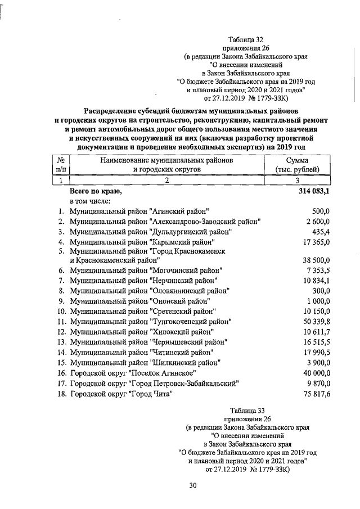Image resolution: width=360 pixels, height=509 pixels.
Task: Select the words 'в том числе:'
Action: click(90, 201)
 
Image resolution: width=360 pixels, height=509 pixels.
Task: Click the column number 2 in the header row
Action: click(167, 181)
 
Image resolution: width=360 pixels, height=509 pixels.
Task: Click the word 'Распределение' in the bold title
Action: click(113, 110)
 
